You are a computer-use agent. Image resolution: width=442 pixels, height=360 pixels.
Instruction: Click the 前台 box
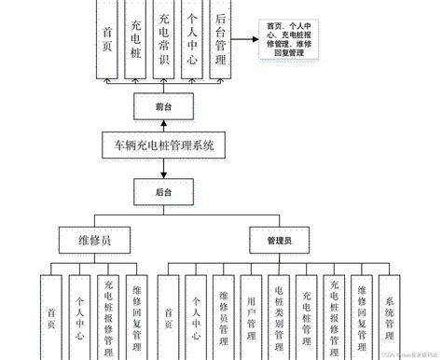click(x=164, y=108)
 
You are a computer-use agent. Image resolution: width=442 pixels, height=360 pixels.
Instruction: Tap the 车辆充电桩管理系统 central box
click(x=164, y=145)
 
